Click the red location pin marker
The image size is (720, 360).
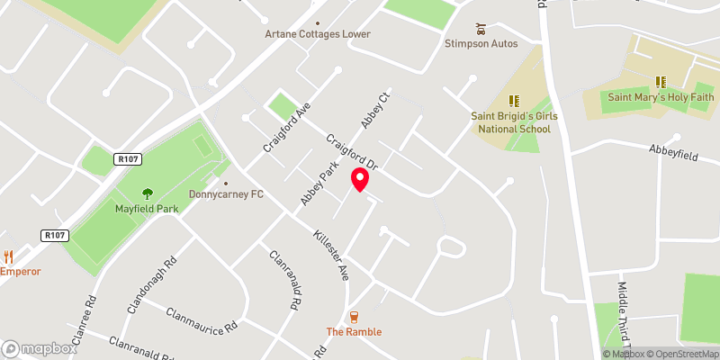(x=360, y=179)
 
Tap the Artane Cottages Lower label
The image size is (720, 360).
(x=318, y=34)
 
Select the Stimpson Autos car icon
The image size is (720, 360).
(x=481, y=27)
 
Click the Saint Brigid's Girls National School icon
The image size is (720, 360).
(x=514, y=101)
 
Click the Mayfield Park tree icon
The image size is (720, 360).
(x=148, y=193)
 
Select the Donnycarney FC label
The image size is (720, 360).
(x=225, y=193)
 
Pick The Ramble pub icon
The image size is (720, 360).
(x=354, y=317)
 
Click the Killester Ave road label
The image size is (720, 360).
(x=331, y=256)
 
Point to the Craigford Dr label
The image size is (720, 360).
(x=352, y=153)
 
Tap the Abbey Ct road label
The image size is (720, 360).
(x=375, y=112)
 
